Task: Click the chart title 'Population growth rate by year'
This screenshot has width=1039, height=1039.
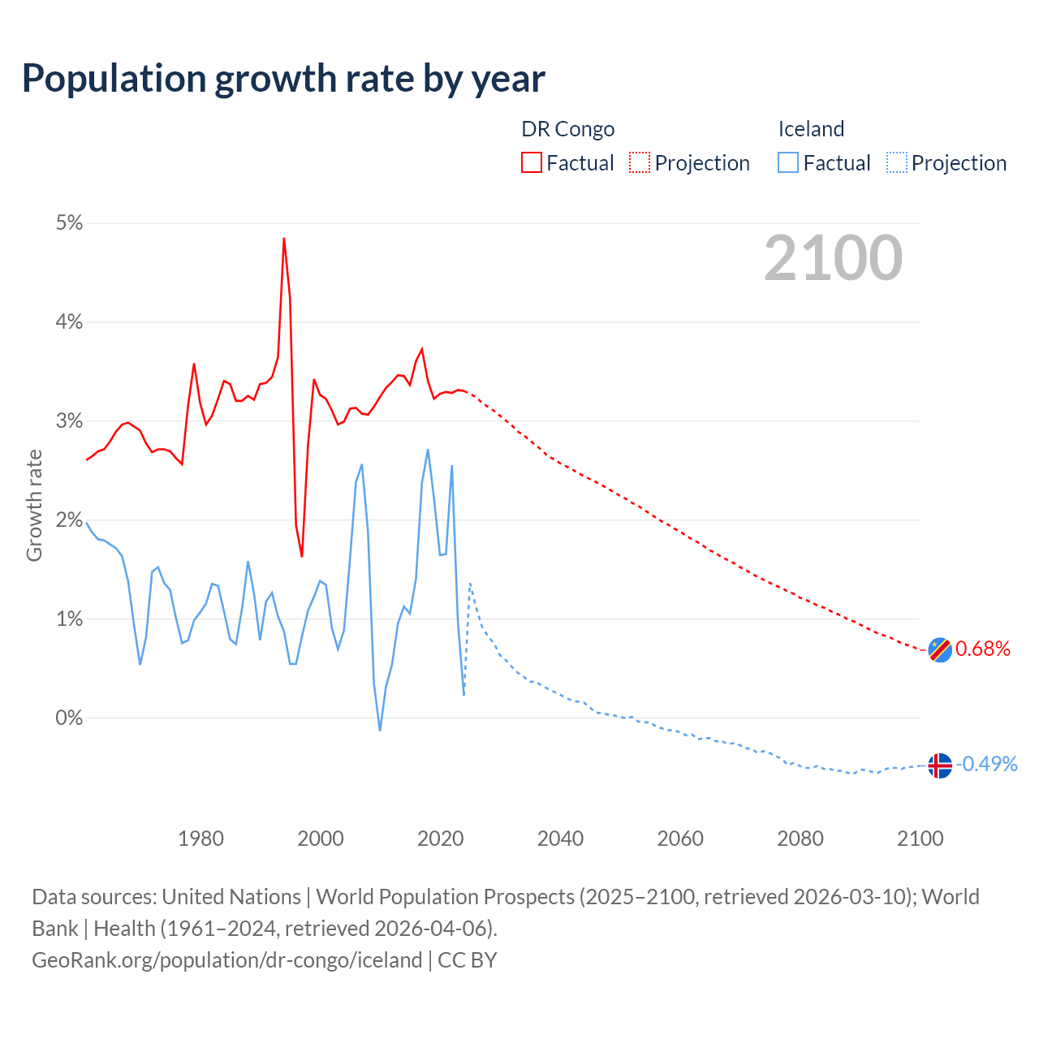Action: [x=283, y=79]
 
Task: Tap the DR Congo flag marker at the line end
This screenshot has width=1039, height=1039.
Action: [x=939, y=649]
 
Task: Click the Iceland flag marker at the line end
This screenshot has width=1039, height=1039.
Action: [x=939, y=765]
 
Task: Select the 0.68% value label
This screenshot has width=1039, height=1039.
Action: [x=983, y=649]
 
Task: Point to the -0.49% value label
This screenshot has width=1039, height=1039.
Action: [x=986, y=764]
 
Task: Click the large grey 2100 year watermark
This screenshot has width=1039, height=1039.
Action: [x=833, y=258]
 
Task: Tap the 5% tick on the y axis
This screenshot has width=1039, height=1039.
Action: [x=69, y=223]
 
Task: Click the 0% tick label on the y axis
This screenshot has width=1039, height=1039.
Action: [x=69, y=718]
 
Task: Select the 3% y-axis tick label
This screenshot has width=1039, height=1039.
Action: [x=69, y=421]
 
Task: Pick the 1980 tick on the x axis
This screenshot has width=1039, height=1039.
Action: [x=200, y=839]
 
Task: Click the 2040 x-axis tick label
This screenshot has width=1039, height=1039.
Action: [x=560, y=839]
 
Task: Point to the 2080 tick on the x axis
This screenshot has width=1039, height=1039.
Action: [x=800, y=839]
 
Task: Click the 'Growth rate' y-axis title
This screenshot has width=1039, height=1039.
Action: [x=34, y=505]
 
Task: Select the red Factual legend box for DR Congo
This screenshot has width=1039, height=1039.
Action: [x=532, y=163]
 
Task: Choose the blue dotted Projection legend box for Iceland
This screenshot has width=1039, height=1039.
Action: [x=896, y=163]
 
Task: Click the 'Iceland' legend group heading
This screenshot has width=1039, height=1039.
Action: [x=811, y=129]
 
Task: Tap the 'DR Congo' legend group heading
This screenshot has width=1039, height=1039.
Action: [x=567, y=129]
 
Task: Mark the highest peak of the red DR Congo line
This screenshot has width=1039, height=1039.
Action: [x=283, y=239]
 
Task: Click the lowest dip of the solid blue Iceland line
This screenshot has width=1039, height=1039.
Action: [x=380, y=731]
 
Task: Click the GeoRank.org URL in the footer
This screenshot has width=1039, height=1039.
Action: [x=226, y=959]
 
